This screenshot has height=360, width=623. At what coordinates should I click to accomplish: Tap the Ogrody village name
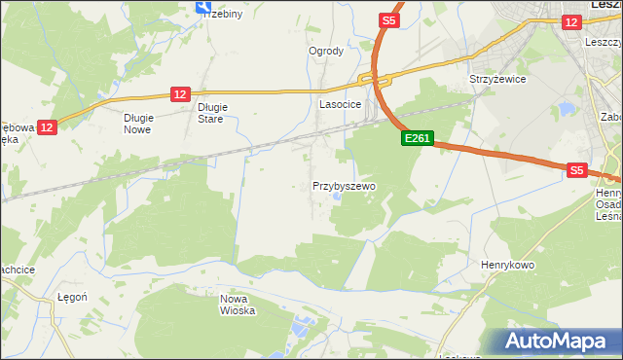point(326,51)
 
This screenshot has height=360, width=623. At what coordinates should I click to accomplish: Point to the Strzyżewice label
point(497,79)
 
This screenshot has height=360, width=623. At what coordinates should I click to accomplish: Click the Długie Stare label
point(211,113)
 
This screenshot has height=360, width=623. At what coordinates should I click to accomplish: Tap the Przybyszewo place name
point(344,185)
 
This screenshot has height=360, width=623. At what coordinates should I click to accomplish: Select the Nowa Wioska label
point(238,305)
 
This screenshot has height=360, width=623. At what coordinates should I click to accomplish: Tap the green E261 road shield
point(417,139)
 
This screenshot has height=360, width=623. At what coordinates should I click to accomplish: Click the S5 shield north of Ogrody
point(388,19)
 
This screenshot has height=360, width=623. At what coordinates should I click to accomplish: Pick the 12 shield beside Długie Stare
point(179,93)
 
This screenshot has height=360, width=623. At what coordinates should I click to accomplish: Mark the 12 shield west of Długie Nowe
point(49,126)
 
